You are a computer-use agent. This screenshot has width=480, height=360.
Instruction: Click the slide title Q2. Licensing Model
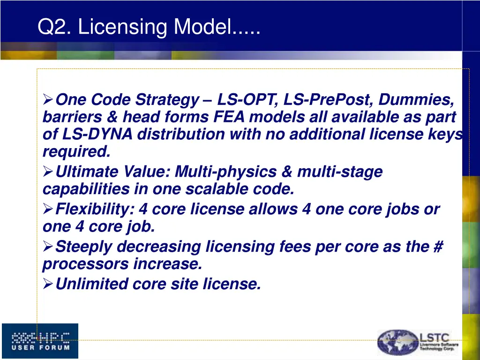coord(149,27)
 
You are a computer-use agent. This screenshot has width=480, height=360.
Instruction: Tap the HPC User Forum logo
coord(40,341)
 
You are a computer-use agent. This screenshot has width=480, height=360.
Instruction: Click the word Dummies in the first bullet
coord(416,100)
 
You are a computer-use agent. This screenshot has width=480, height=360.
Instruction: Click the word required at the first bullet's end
coord(76,152)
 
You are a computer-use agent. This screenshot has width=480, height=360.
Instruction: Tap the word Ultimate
coord(87,172)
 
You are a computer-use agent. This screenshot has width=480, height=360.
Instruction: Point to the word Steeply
coord(84,247)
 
